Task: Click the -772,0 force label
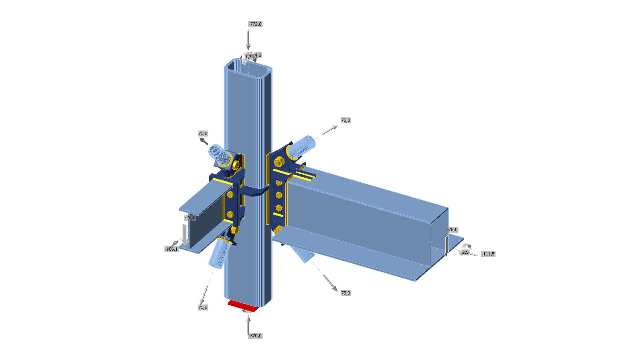coord(255,24)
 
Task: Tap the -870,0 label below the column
coord(255,336)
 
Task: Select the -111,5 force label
coord(488,254)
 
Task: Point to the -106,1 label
coord(172,249)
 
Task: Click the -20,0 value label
coord(190,218)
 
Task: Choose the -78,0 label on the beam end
coord(453,230)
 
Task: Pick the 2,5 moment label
coord(465,252)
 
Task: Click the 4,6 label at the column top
coord(258,55)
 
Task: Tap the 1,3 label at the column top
coord(248,57)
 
